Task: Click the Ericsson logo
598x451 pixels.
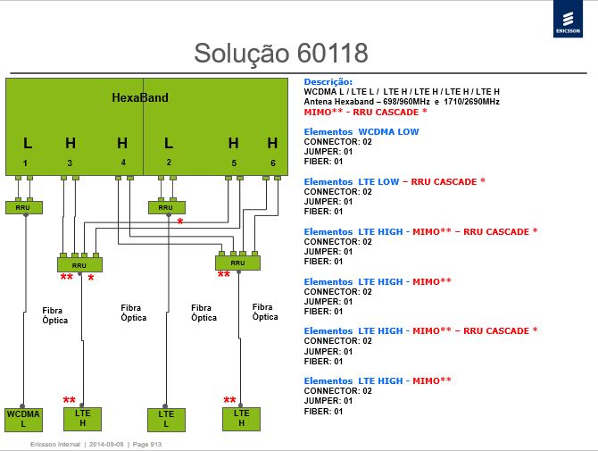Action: click(x=568, y=19)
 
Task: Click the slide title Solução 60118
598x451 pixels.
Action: click(x=281, y=53)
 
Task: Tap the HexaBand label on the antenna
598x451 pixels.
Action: click(x=140, y=97)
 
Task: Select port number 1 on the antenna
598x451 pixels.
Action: click(x=25, y=163)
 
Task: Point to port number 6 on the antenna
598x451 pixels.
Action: click(x=273, y=163)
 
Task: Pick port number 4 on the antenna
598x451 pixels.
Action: click(x=123, y=163)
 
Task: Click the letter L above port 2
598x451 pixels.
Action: click(x=169, y=144)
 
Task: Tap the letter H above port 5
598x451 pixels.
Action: click(x=234, y=144)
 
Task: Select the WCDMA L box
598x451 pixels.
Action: click(x=23, y=420)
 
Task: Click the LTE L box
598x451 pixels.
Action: click(x=166, y=420)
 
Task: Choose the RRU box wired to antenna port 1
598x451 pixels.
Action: click(x=23, y=207)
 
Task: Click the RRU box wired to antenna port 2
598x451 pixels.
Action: click(x=167, y=207)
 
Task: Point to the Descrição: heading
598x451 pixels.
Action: click(x=328, y=81)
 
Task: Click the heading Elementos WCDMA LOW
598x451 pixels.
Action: click(x=361, y=131)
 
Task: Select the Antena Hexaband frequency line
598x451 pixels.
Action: click(x=402, y=102)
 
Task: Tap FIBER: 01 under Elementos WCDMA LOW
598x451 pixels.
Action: click(x=323, y=162)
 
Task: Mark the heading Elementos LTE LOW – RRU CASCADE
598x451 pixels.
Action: click(x=395, y=181)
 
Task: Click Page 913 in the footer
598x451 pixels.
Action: click(x=147, y=445)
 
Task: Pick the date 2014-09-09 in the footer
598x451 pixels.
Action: click(x=106, y=445)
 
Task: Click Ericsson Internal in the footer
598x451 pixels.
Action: click(x=55, y=445)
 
